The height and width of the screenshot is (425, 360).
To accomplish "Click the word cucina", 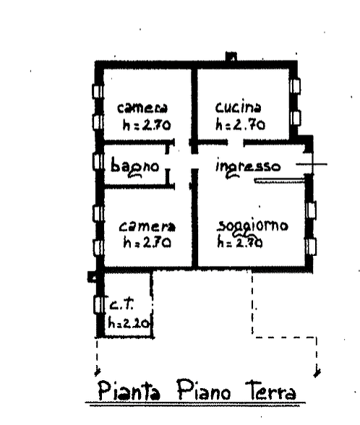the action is [x=239, y=108].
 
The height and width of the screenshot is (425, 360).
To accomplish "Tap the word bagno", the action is [x=134, y=167].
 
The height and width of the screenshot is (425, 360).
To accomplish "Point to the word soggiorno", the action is [x=253, y=227].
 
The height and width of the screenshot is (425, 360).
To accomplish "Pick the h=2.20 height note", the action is [x=129, y=323].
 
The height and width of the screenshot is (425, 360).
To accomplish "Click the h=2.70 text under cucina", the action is [x=240, y=125].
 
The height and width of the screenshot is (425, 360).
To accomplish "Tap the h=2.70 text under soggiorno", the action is [x=240, y=243].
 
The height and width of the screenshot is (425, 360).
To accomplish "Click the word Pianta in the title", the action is [x=129, y=391].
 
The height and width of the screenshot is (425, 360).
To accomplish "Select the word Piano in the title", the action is [x=204, y=390].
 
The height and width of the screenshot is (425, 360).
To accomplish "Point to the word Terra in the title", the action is [x=270, y=390].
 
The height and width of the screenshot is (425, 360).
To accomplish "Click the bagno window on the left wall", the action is [x=98, y=162].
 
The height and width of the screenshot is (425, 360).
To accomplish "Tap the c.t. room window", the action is [x=98, y=305].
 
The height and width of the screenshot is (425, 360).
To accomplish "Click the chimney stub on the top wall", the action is [x=231, y=56].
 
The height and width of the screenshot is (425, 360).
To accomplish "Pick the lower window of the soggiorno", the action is [x=311, y=246].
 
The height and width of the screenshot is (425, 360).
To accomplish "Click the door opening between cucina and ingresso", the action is [x=236, y=142].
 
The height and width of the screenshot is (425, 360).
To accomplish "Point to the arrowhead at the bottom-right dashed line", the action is [x=317, y=373].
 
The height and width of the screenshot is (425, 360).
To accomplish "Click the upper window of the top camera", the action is [x=98, y=91].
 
